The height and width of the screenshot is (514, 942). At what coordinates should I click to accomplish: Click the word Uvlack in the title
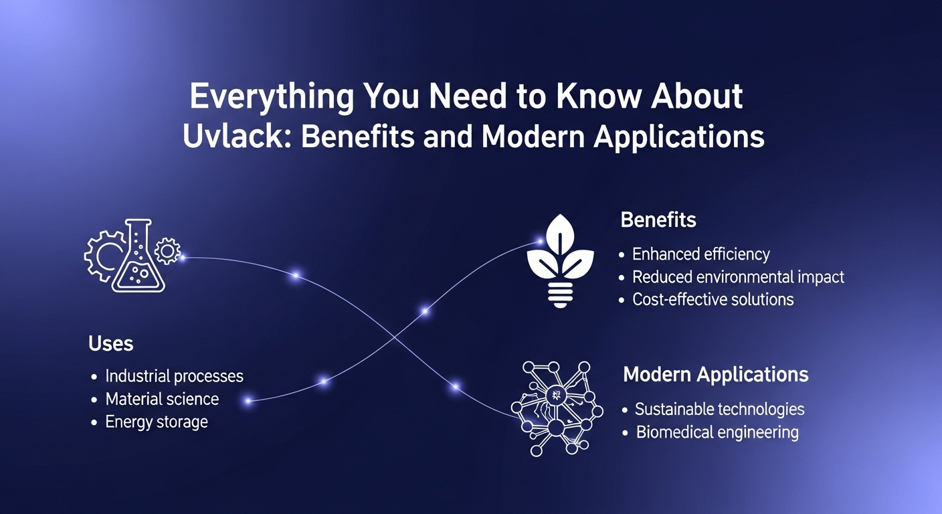click(233, 137)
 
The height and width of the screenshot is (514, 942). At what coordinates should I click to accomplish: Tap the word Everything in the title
click(272, 97)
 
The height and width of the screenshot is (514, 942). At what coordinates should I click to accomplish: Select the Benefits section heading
click(658, 220)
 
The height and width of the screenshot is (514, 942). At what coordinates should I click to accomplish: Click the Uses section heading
click(110, 343)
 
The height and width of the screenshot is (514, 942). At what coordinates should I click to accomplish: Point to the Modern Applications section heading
click(715, 374)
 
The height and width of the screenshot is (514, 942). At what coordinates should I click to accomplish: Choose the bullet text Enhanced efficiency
click(701, 254)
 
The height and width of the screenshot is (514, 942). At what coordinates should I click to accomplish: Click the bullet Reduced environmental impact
click(738, 277)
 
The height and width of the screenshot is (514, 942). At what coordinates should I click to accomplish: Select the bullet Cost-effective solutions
click(713, 299)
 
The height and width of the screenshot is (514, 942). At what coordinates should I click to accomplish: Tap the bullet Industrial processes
click(174, 376)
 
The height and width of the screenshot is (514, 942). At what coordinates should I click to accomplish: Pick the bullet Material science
click(162, 399)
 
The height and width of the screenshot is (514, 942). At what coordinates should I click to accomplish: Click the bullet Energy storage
click(157, 422)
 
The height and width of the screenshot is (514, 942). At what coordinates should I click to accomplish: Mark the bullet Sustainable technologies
click(719, 410)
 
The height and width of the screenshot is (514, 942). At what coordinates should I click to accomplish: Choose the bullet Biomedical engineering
click(717, 432)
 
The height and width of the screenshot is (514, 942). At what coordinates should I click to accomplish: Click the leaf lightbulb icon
click(560, 261)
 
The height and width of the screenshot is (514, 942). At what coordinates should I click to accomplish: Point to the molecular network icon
click(557, 409)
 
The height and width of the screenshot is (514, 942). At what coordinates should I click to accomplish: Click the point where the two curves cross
click(395, 337)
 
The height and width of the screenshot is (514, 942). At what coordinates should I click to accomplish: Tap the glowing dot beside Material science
click(248, 401)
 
